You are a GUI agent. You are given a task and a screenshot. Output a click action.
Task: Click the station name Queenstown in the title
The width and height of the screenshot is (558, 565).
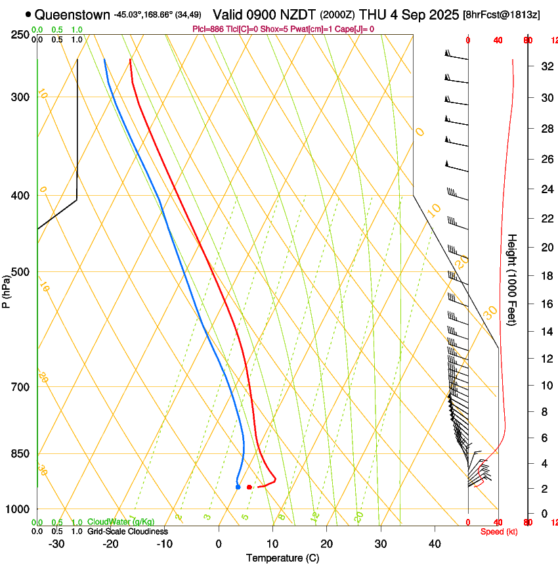(72, 14)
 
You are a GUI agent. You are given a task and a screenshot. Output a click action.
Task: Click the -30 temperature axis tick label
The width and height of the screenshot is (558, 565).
(56, 544)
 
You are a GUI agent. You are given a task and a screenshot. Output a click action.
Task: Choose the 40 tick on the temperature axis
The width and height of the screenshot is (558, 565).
(435, 544)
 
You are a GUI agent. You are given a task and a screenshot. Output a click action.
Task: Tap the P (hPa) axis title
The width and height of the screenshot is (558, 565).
(6, 289)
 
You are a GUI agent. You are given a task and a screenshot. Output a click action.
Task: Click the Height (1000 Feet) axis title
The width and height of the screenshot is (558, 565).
(513, 289)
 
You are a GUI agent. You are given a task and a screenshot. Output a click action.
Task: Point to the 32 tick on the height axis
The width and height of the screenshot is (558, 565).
(545, 66)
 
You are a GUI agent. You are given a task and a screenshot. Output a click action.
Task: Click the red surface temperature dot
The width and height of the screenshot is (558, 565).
(249, 487)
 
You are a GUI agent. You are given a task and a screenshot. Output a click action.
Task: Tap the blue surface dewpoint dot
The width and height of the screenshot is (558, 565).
(238, 487)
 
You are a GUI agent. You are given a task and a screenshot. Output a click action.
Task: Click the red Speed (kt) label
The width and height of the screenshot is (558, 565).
(498, 531)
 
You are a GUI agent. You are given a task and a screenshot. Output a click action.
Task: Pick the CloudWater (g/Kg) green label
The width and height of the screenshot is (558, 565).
(121, 522)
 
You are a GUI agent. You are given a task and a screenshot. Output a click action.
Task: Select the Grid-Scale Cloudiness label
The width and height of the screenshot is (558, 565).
(127, 531)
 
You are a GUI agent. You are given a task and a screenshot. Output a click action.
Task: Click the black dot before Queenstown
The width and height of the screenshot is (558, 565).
(28, 14)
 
